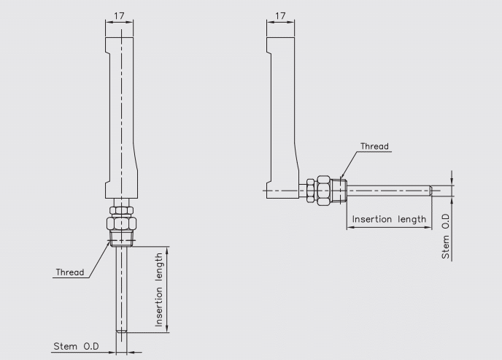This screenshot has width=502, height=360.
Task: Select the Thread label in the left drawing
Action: (x=69, y=272)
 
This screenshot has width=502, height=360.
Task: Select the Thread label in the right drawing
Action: (x=375, y=145)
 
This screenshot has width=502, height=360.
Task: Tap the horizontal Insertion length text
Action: (x=389, y=219)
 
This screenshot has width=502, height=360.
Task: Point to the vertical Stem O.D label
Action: (x=447, y=237)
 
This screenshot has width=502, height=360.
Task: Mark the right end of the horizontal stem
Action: (x=434, y=191)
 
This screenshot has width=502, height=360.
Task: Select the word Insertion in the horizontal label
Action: (x=373, y=219)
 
